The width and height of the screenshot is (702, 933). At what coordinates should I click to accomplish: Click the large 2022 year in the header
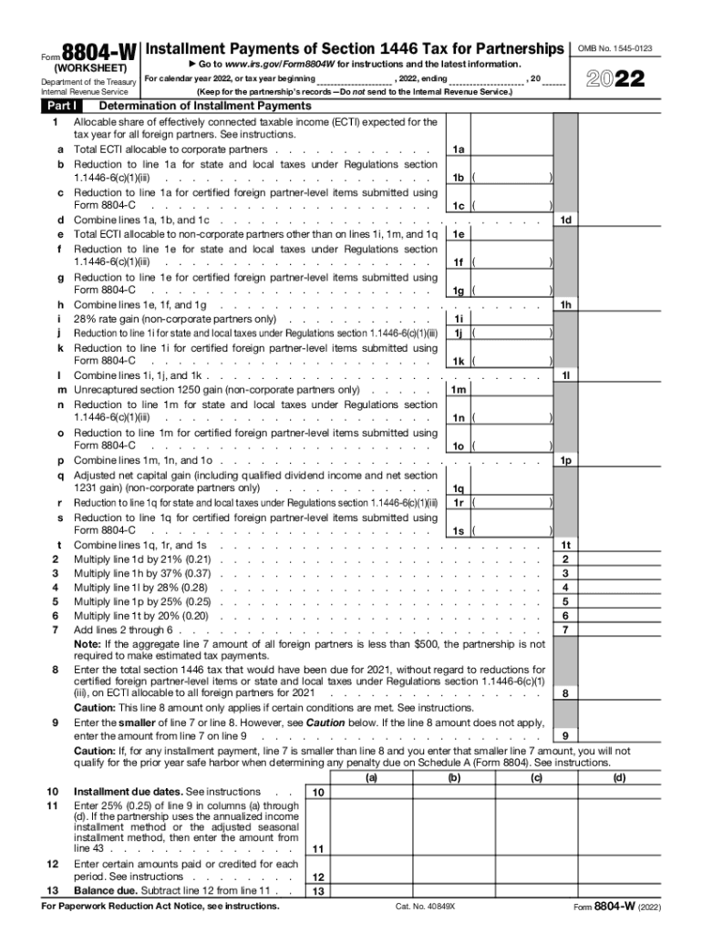pyautogui.click(x=617, y=80)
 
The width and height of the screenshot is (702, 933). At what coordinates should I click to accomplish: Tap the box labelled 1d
pyautogui.click(x=566, y=220)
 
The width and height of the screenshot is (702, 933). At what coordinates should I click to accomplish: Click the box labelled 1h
pyautogui.click(x=566, y=304)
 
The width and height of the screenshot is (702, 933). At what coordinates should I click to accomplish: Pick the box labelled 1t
pyautogui.click(x=566, y=545)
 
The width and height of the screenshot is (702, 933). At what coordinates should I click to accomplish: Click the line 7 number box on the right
pyautogui.click(x=566, y=630)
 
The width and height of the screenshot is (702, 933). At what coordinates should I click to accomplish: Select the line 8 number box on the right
pyautogui.click(x=566, y=693)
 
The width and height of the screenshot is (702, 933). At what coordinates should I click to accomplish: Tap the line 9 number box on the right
pyautogui.click(x=566, y=736)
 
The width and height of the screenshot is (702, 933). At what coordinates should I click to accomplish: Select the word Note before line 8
pyautogui.click(x=88, y=643)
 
